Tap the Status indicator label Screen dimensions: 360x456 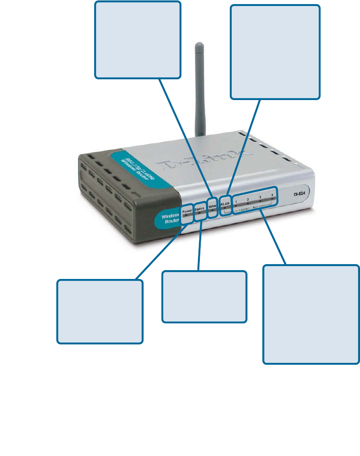click(200, 209)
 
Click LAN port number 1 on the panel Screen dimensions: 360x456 click(236, 202)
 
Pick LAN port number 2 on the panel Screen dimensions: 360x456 click(248, 200)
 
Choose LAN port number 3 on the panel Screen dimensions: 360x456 click(260, 198)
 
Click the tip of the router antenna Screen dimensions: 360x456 click(199, 46)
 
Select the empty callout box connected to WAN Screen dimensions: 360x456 click(138, 39)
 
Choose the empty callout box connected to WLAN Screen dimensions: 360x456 click(275, 52)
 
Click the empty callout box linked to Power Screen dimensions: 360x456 click(100, 311)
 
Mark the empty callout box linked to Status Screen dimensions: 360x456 click(204, 296)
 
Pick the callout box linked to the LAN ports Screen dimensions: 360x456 click(311, 314)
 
